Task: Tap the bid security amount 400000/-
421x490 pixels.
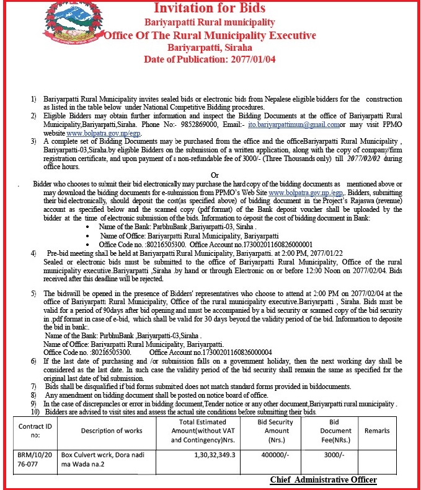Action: point(273,453)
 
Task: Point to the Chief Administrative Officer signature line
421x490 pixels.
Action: point(323,480)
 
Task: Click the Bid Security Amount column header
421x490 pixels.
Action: point(273,430)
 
